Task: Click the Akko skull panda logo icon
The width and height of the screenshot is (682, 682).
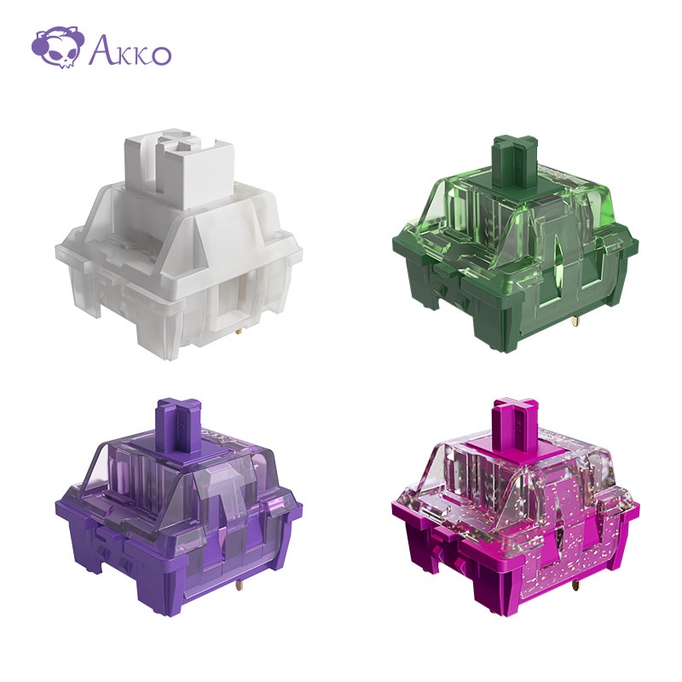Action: pyautogui.click(x=56, y=48)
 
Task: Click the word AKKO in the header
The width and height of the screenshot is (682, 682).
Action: pyautogui.click(x=130, y=51)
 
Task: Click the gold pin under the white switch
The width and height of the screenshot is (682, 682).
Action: pyautogui.click(x=240, y=332)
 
